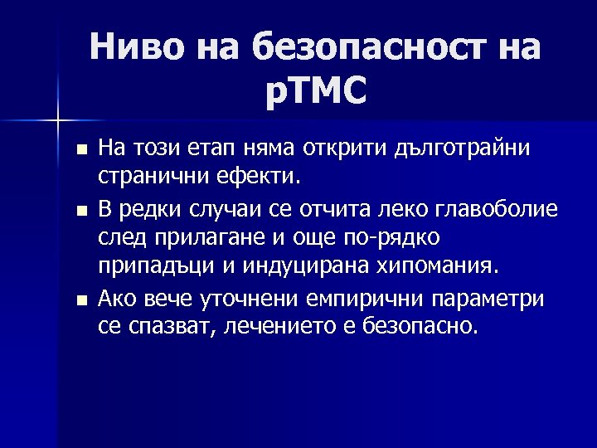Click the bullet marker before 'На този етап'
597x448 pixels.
80,150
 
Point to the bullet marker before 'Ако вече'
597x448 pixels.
80,299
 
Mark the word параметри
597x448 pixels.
489,298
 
